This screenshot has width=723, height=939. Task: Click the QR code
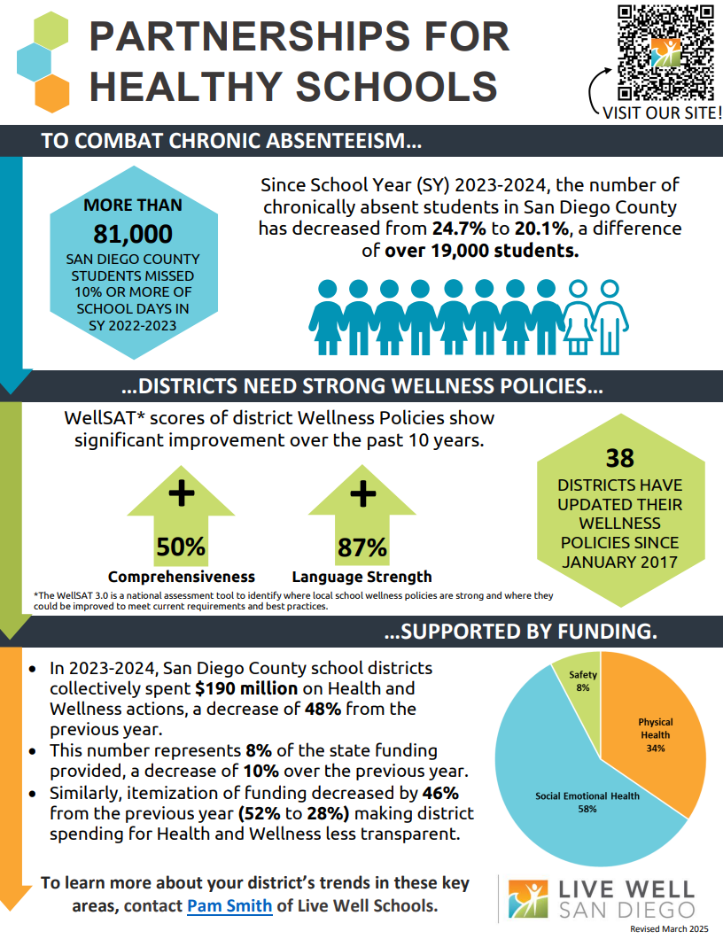tap(665, 52)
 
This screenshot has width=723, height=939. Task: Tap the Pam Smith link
tap(229, 905)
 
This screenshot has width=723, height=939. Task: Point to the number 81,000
tap(132, 234)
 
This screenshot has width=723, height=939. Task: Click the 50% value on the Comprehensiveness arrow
tap(180, 547)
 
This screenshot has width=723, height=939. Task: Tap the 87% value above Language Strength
tap(361, 547)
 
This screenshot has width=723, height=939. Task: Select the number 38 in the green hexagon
tap(619, 458)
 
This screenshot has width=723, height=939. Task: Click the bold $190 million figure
tap(246, 688)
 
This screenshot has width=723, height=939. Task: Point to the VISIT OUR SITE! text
tap(662, 113)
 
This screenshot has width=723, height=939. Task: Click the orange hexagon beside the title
tap(52, 93)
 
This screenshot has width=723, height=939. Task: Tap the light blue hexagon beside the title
tap(35, 62)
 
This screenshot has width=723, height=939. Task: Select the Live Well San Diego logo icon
tap(528, 899)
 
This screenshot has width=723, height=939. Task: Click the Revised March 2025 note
tap(669, 929)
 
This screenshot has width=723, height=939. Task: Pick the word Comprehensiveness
tap(182, 577)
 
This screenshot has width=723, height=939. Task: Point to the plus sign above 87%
tap(363, 494)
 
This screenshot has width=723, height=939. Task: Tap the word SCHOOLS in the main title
tap(397, 86)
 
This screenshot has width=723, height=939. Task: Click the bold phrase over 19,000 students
tap(482, 251)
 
